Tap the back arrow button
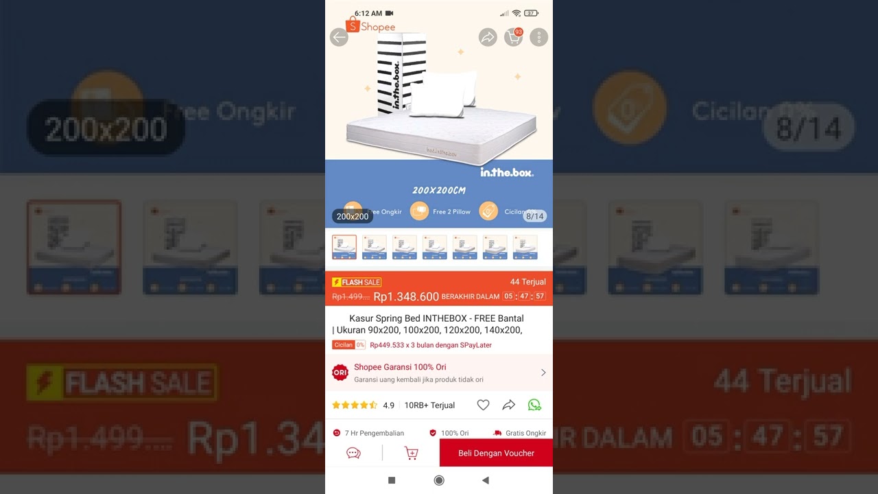pos(339,38)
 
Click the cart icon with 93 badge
pos(513,38)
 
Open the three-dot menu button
pos(539,38)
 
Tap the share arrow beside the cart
pos(488,38)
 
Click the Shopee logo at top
pos(370,26)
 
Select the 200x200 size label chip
pos(353,216)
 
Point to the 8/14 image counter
pos(534,216)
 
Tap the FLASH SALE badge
pos(357,282)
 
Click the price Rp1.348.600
pos(406,296)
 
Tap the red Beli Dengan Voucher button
pos(496,453)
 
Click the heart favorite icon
pos(483,405)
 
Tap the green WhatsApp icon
pos(534,405)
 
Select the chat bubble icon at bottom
pos(354,453)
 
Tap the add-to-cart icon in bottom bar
pos(412,453)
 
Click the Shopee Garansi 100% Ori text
pos(400,367)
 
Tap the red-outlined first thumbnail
pos(344,247)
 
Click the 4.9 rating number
pos(388,405)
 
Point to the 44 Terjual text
pos(528,282)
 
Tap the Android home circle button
pos(439,480)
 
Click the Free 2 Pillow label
pos(451,212)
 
